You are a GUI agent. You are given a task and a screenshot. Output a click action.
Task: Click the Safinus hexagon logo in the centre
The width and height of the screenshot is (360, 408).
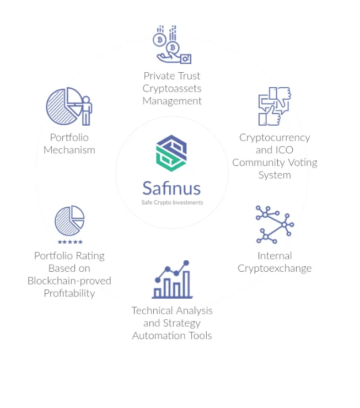click(171, 153)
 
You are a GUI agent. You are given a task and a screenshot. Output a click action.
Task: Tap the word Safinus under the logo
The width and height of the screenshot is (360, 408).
click(171, 189)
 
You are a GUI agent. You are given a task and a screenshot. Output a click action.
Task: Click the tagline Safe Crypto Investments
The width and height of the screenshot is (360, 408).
click(172, 202)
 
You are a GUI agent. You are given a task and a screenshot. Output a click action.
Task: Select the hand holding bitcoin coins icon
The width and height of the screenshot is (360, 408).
click(172, 45)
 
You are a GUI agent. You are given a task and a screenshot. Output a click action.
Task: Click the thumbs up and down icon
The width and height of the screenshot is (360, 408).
click(274, 106)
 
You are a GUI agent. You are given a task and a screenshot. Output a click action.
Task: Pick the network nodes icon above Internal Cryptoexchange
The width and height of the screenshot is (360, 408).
click(275, 224)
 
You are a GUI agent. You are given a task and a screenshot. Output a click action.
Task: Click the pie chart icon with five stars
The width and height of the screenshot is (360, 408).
click(69, 221)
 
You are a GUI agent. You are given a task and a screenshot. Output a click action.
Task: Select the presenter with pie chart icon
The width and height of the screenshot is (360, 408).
click(69, 106)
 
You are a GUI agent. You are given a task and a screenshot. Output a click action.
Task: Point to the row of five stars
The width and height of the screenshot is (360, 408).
click(69, 242)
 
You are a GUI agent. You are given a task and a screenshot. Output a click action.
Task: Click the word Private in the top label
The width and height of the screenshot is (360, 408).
click(157, 76)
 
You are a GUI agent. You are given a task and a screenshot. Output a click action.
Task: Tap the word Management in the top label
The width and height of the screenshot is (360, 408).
click(172, 101)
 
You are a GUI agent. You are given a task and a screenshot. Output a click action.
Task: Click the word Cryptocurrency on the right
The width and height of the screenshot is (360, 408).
click(275, 137)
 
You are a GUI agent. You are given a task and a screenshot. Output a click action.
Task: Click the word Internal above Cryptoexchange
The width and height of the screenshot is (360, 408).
click(275, 256)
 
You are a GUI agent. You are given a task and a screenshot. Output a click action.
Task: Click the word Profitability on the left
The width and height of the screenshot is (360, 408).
click(69, 293)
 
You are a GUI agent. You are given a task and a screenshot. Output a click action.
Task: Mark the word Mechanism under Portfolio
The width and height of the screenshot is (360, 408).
click(69, 150)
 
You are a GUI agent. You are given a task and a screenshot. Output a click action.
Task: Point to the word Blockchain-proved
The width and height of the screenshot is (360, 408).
click(69, 281)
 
